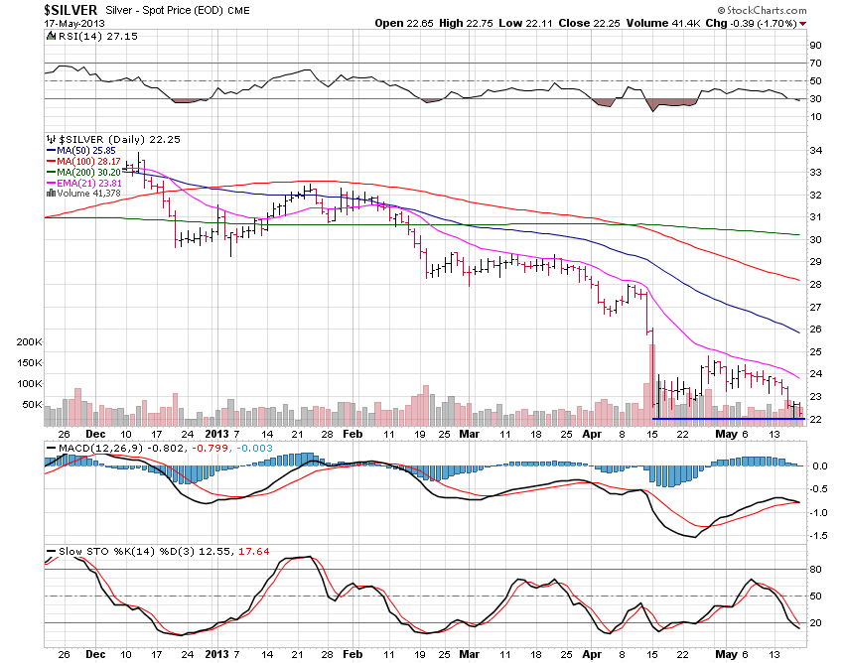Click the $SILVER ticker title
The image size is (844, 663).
click(x=70, y=9)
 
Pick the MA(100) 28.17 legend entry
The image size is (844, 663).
click(x=90, y=161)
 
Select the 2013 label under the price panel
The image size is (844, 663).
click(x=215, y=434)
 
